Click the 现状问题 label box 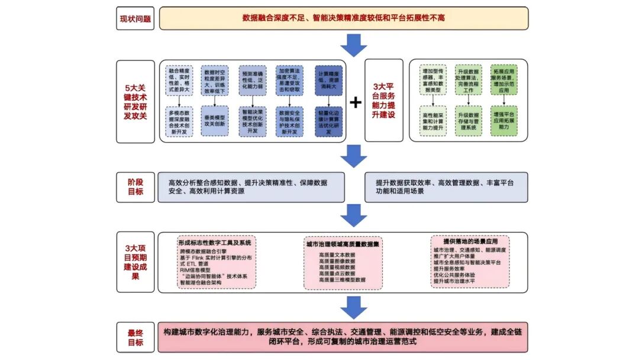tap(135, 18)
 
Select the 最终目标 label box tap(135, 337)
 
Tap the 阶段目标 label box tap(135, 187)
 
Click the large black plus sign tap(355, 102)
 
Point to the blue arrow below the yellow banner tap(354, 45)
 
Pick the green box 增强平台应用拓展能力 tap(504, 120)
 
